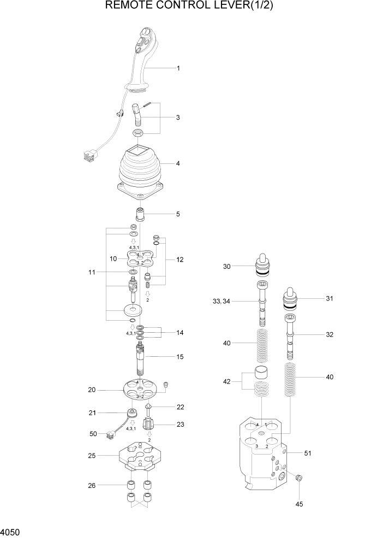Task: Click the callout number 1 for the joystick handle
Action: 178,68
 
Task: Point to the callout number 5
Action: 177,214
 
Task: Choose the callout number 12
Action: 179,260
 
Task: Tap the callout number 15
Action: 179,357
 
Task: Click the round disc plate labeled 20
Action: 141,390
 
